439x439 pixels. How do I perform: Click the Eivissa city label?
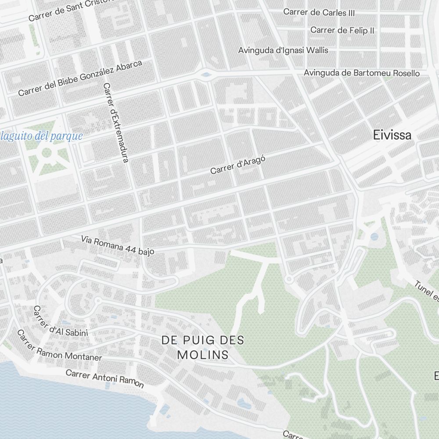[x=392, y=135]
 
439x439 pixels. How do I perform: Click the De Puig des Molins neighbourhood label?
[x=203, y=347]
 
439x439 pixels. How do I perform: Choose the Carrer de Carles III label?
[x=319, y=12]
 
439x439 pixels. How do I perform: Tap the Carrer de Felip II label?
[x=342, y=30]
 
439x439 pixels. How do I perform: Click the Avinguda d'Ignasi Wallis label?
[x=283, y=50]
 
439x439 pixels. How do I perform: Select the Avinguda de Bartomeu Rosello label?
[x=362, y=73]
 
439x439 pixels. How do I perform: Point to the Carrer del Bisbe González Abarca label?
[x=80, y=79]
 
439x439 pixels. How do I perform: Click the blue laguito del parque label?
[x=41, y=136]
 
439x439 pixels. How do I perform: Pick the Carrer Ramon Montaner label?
[x=59, y=345]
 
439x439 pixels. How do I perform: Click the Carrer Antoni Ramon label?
[x=104, y=378]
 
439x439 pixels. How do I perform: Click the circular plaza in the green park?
[x=47, y=153]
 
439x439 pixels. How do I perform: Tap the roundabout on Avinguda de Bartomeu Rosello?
[x=205, y=75]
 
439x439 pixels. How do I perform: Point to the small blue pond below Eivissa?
[x=374, y=237]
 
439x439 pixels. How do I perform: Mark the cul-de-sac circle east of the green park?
[x=288, y=279]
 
